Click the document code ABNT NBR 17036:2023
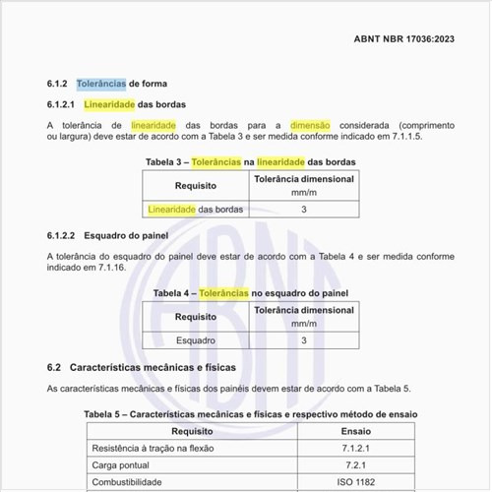pyautogui.click(x=403, y=39)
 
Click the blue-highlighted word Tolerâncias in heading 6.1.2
pyautogui.click(x=102, y=84)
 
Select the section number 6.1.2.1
pyautogui.click(x=62, y=103)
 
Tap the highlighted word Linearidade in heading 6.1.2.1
pyautogui.click(x=108, y=103)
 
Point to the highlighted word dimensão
pyautogui.click(x=310, y=125)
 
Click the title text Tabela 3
pyautogui.click(x=166, y=160)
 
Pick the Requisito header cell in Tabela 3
pyautogui.click(x=195, y=185)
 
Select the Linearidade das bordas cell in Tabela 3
pyautogui.click(x=195, y=210)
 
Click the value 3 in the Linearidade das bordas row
pyautogui.click(x=304, y=210)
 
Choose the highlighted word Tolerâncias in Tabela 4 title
pyautogui.click(x=223, y=293)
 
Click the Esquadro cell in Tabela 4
pyautogui.click(x=195, y=340)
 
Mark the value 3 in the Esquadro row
pyautogui.click(x=304, y=340)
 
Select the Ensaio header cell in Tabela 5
pyautogui.click(x=355, y=431)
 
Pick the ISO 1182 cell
pyautogui.click(x=355, y=484)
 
